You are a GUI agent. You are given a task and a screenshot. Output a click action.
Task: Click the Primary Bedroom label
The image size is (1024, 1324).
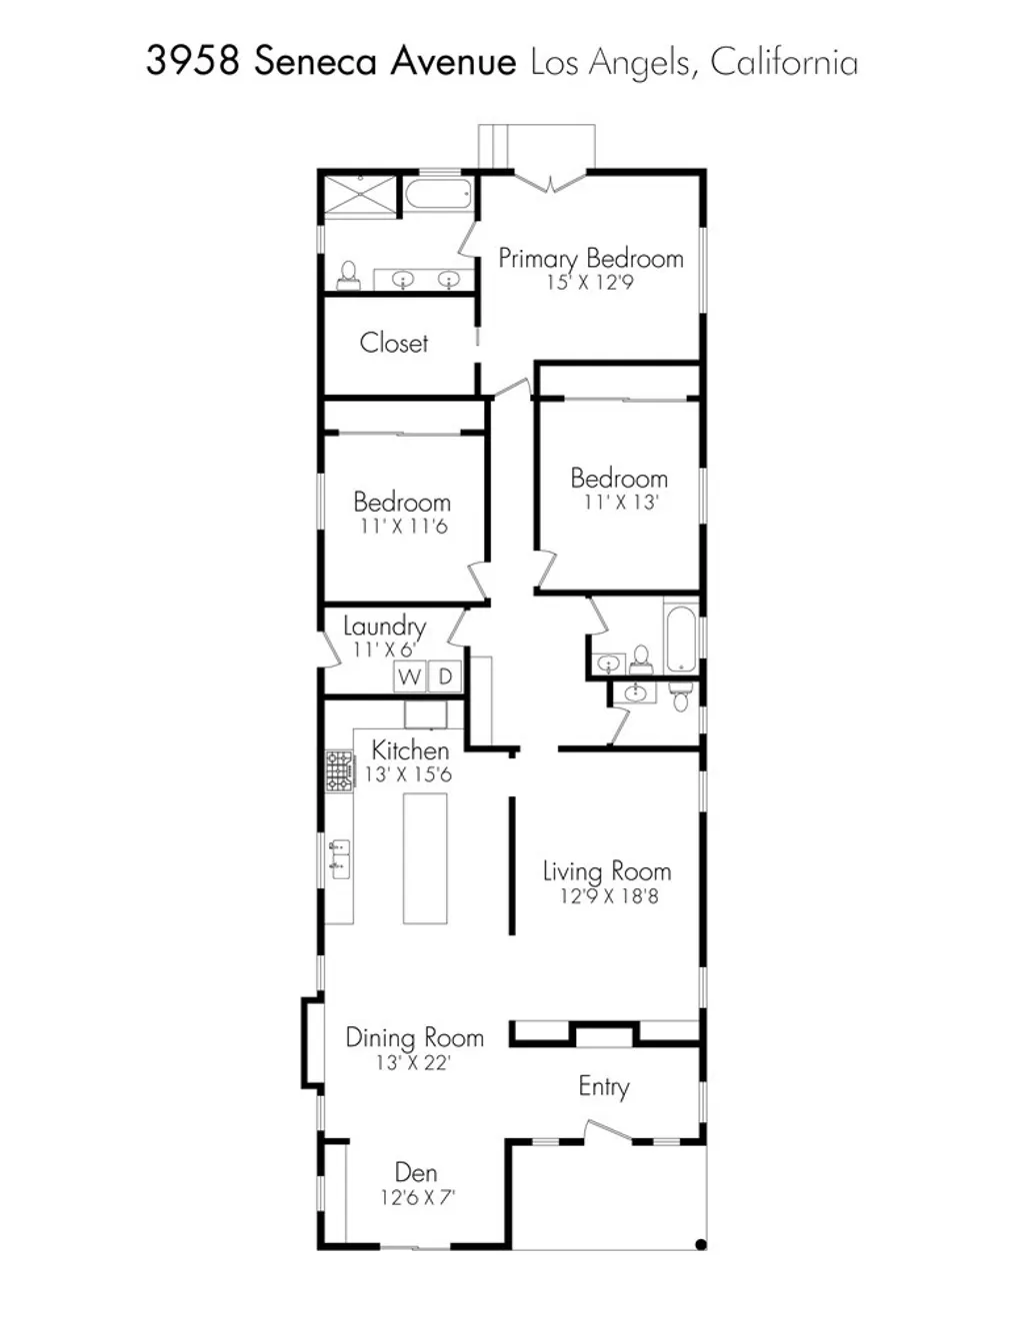click(x=590, y=259)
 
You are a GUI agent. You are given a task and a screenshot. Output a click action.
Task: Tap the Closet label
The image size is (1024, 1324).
click(x=394, y=343)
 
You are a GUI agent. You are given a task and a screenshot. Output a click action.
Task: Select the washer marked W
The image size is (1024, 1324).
click(x=409, y=676)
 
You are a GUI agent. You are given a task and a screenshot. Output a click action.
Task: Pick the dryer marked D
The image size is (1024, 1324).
click(x=445, y=676)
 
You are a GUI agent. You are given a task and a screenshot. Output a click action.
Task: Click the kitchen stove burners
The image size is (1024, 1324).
click(x=339, y=771)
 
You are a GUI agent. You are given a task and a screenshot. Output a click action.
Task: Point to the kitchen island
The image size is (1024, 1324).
click(x=425, y=858)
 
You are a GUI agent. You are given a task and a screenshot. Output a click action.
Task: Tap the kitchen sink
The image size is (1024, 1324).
click(x=340, y=858)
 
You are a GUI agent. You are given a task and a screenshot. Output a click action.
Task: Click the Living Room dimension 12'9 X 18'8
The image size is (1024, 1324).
click(x=608, y=896)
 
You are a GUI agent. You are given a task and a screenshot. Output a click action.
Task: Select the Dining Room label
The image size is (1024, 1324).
click(x=414, y=1037)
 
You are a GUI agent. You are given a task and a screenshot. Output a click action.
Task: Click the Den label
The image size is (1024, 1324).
click(x=416, y=1172)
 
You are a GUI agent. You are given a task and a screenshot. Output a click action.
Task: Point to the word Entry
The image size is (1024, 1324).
click(x=604, y=1086)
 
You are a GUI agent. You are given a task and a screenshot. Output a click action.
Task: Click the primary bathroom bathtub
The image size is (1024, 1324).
click(x=439, y=193)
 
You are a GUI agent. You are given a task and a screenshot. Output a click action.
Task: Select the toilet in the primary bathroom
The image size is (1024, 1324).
click(x=348, y=275)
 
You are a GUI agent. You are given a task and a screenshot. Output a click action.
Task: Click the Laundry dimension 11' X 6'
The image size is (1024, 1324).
click(x=384, y=650)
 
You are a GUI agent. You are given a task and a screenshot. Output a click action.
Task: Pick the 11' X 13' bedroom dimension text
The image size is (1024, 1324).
click(x=620, y=503)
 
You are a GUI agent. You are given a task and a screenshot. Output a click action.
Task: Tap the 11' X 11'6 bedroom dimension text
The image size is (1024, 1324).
click(x=403, y=527)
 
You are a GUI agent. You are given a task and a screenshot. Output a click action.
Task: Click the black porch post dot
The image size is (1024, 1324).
click(x=701, y=1244)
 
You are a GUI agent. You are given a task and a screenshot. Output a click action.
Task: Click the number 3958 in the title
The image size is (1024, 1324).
click(x=192, y=61)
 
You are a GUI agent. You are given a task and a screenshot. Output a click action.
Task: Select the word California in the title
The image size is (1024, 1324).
click(x=784, y=63)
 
